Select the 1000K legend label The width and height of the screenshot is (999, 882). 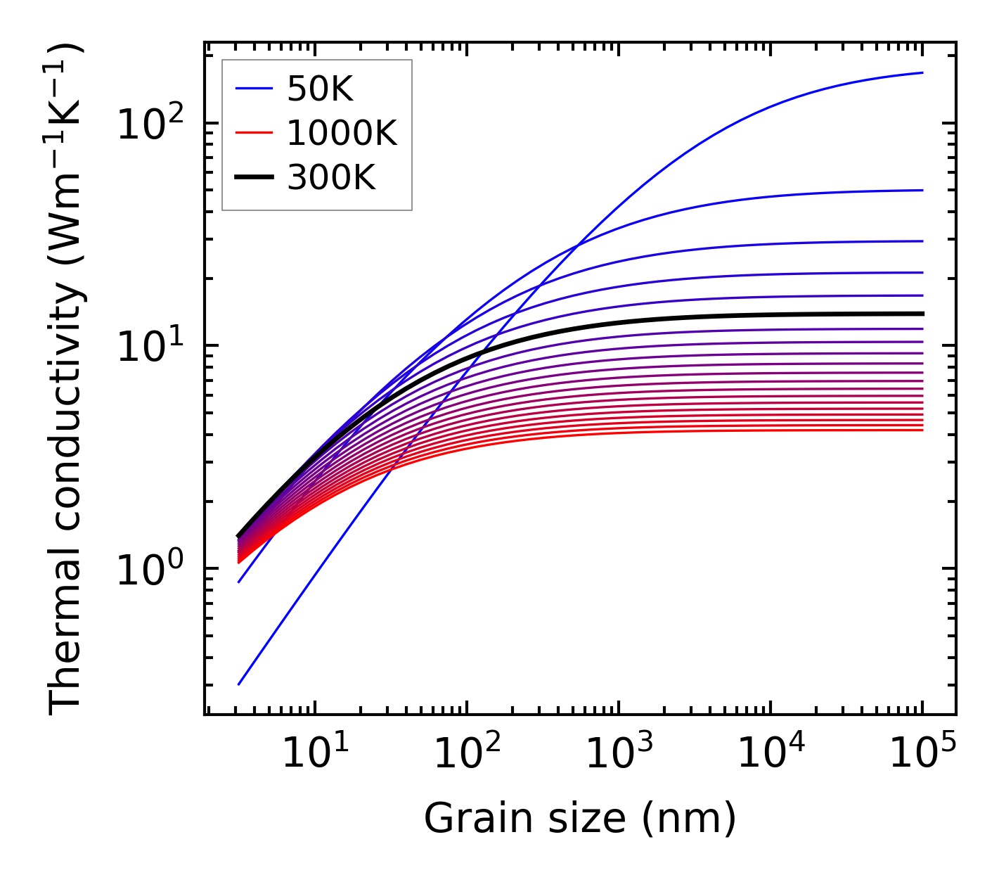(x=342, y=133)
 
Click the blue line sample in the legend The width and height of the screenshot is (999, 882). (x=254, y=89)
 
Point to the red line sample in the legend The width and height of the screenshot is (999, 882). (x=254, y=133)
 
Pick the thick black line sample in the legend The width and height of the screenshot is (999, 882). (x=254, y=178)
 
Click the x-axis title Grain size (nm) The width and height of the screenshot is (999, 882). (x=580, y=819)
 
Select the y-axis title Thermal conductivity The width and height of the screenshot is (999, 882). (x=67, y=378)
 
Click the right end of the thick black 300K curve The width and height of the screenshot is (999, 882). (x=922, y=314)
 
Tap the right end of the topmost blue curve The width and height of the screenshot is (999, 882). (x=922, y=73)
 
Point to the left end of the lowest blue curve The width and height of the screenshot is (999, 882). (x=239, y=684)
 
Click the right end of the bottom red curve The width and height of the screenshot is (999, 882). (x=922, y=430)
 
